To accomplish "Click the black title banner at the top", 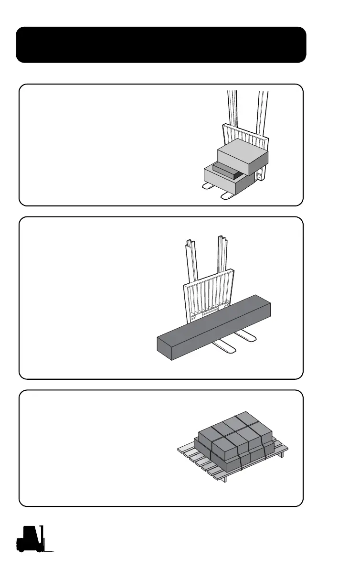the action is click(161, 45).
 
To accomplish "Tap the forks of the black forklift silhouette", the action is click(49, 550).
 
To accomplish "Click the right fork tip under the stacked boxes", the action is click(225, 195).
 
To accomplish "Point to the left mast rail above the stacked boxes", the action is click(233, 107).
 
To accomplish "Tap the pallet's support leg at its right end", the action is click(282, 454).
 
